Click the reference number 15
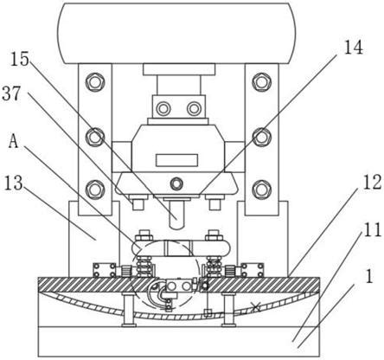20,60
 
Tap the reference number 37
11,93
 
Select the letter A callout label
14,141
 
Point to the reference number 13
13,183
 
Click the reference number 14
354,47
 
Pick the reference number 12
372,183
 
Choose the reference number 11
372,229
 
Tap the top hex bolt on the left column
94,82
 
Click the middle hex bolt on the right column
261,137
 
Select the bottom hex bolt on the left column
94,190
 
